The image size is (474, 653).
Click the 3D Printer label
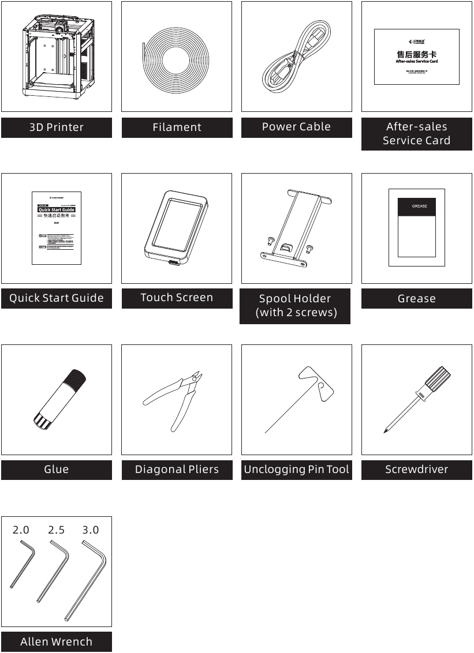pos(56,127)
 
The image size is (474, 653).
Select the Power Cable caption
pos(296,127)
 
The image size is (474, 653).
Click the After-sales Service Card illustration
pos(416,57)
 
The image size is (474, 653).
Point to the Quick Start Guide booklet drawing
pos(56,228)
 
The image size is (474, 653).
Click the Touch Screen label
pos(177,298)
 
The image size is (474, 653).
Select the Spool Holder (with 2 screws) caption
pos(296,306)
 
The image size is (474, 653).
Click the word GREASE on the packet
pos(419,206)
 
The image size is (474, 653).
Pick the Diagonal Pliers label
pos(177,470)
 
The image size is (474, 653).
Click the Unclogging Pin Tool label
pos(296,470)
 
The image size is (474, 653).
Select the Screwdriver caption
pos(416,470)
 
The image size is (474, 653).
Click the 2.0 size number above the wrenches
pos(21,530)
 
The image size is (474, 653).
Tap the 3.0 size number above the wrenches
pos(91,530)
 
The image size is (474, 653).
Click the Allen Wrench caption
pos(56,641)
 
